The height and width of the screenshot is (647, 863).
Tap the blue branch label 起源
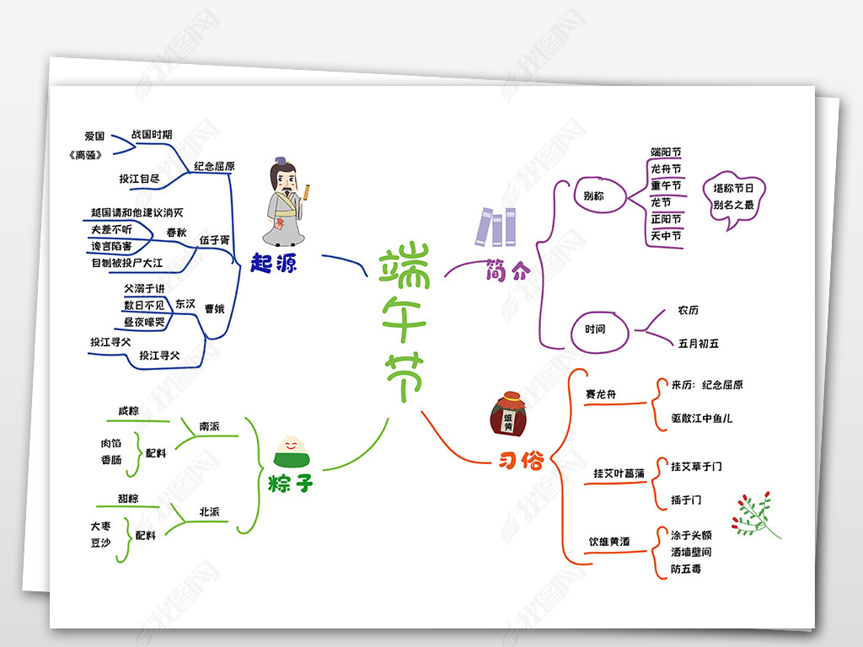click(274, 262)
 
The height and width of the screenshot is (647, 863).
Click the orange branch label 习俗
click(520, 460)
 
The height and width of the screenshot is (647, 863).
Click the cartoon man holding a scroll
click(287, 202)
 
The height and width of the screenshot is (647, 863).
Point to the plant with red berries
click(755, 514)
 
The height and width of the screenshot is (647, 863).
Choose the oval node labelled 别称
click(593, 196)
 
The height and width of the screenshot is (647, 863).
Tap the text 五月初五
click(698, 343)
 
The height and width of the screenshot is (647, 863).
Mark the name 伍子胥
click(214, 240)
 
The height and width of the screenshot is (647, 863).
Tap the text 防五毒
click(685, 569)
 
